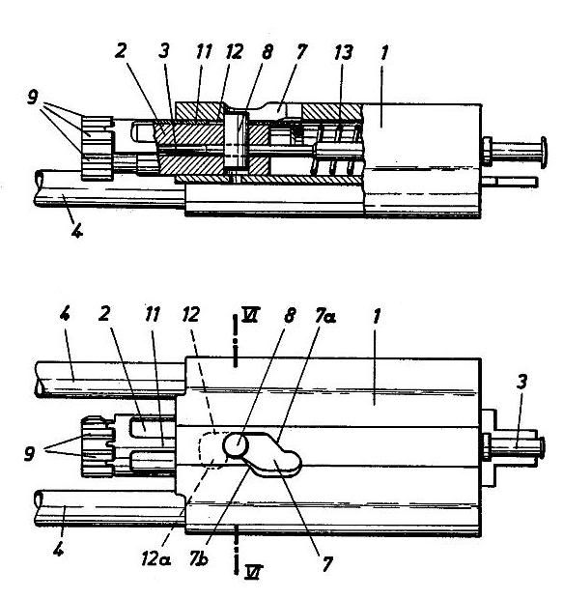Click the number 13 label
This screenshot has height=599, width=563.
pos(343,53)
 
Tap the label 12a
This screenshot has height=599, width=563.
pos(155,559)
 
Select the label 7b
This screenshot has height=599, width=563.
pos(199,558)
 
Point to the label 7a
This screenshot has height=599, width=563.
pos(325,316)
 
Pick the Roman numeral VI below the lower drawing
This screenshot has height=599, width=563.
pos(254,572)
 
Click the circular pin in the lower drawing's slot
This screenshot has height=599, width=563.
pos(236,445)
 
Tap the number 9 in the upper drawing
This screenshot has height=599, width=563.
pos(33,98)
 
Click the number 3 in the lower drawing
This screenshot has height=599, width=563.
pos(522,382)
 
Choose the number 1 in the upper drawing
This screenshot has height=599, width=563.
pos(384,52)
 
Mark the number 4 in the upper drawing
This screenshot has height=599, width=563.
pos(77,230)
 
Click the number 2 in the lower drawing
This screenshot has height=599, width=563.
pos(104,314)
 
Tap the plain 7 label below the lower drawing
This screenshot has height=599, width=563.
pos(327,564)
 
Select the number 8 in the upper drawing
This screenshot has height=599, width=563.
pos(267,52)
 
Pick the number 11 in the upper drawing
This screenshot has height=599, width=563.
pos(204,51)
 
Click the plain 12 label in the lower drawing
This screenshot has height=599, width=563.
pos(190,314)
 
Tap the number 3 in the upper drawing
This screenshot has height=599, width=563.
pos(163,51)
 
